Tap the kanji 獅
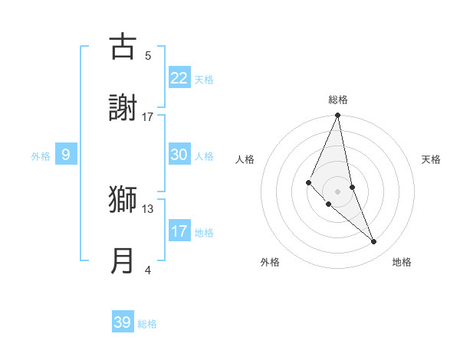122,199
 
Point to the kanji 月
122,260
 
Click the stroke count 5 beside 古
148,55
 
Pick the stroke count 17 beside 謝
148,116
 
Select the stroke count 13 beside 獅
148,208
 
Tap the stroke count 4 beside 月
148,270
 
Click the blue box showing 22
179,78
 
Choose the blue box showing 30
179,155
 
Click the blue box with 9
66,155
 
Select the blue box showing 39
122,322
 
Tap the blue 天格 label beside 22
204,79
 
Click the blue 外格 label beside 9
41,155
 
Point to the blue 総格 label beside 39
147,324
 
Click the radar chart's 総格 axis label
338,100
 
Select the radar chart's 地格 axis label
402,263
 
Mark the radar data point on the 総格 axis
337,116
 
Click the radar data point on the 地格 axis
374,242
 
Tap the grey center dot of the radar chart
337,191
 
